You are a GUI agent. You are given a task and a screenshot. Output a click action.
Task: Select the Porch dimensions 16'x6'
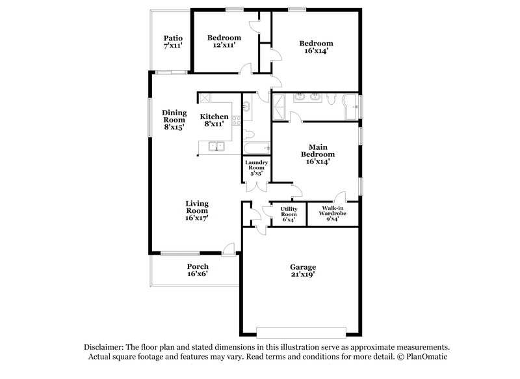[x=198, y=274]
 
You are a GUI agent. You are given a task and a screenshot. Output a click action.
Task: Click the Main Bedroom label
[x=317, y=154]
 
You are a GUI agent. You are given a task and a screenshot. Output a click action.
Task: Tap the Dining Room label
[x=174, y=120]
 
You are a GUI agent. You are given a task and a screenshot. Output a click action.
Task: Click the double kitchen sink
[x=216, y=146]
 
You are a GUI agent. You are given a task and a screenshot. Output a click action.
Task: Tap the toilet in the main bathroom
[x=331, y=98]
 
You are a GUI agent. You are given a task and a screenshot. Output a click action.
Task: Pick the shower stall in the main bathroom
[x=280, y=106]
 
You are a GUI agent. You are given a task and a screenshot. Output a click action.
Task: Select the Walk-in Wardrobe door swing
[x=338, y=196]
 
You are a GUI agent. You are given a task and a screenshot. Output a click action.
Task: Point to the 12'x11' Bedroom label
[x=224, y=42]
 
